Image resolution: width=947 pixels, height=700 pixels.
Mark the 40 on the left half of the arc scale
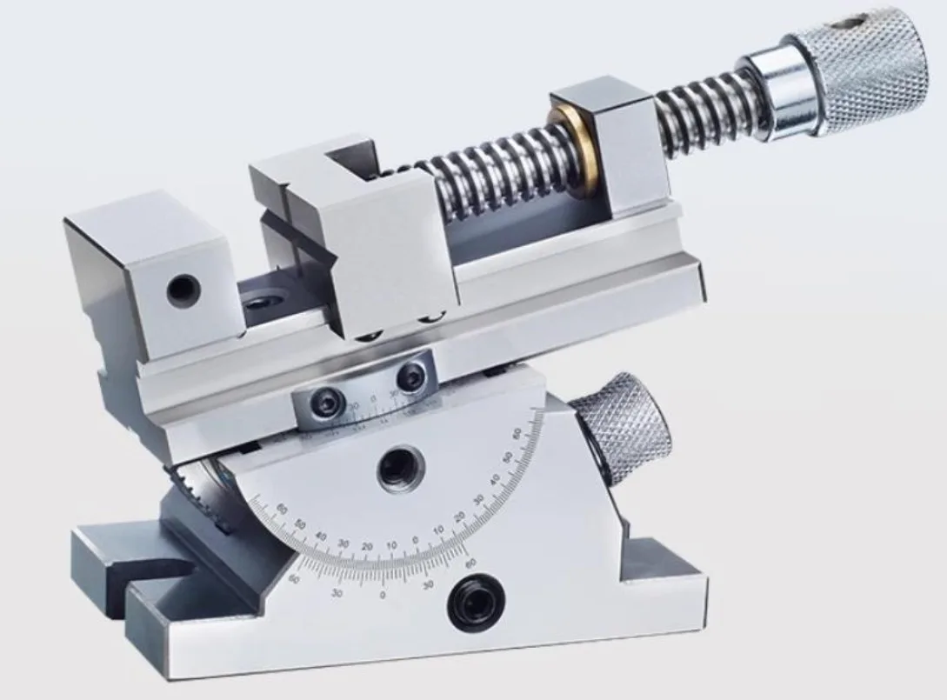pyautogui.click(x=320, y=536)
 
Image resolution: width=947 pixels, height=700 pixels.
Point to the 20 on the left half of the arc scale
pyautogui.click(x=367, y=546)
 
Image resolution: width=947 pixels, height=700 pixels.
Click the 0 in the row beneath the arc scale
pyautogui.click(x=383, y=597)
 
